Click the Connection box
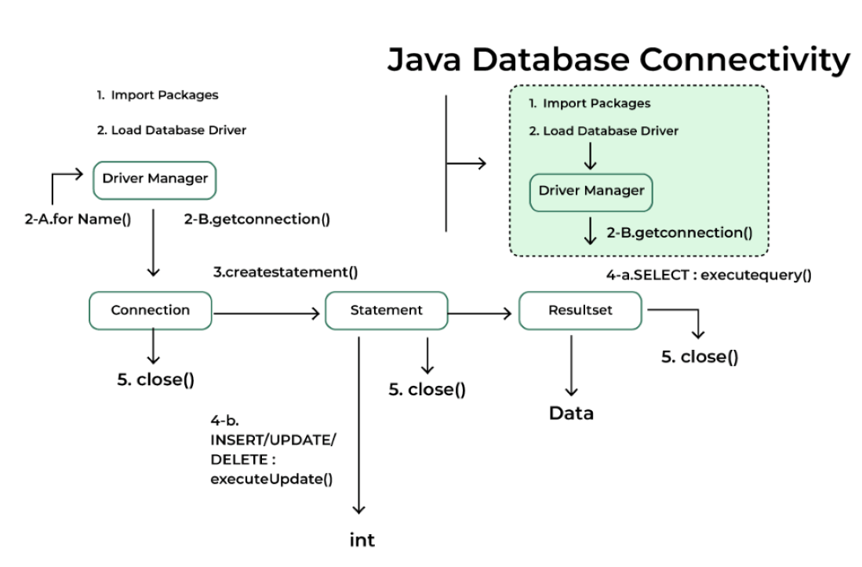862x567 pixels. (151, 311)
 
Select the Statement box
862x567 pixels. (386, 311)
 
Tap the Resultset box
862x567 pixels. (580, 311)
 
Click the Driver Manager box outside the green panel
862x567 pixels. (155, 179)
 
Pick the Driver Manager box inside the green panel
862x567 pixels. (591, 191)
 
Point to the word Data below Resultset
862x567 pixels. (571, 413)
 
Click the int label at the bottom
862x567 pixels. (362, 540)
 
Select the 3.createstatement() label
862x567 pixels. (286, 273)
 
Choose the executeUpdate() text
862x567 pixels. (271, 478)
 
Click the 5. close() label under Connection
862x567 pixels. (155, 380)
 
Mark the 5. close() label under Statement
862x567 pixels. (427, 390)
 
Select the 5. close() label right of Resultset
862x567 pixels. (700, 357)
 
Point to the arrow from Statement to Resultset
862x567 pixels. (482, 314)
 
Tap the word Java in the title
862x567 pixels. (430, 60)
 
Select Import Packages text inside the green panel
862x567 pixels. (596, 104)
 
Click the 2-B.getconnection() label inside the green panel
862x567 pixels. (679, 233)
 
